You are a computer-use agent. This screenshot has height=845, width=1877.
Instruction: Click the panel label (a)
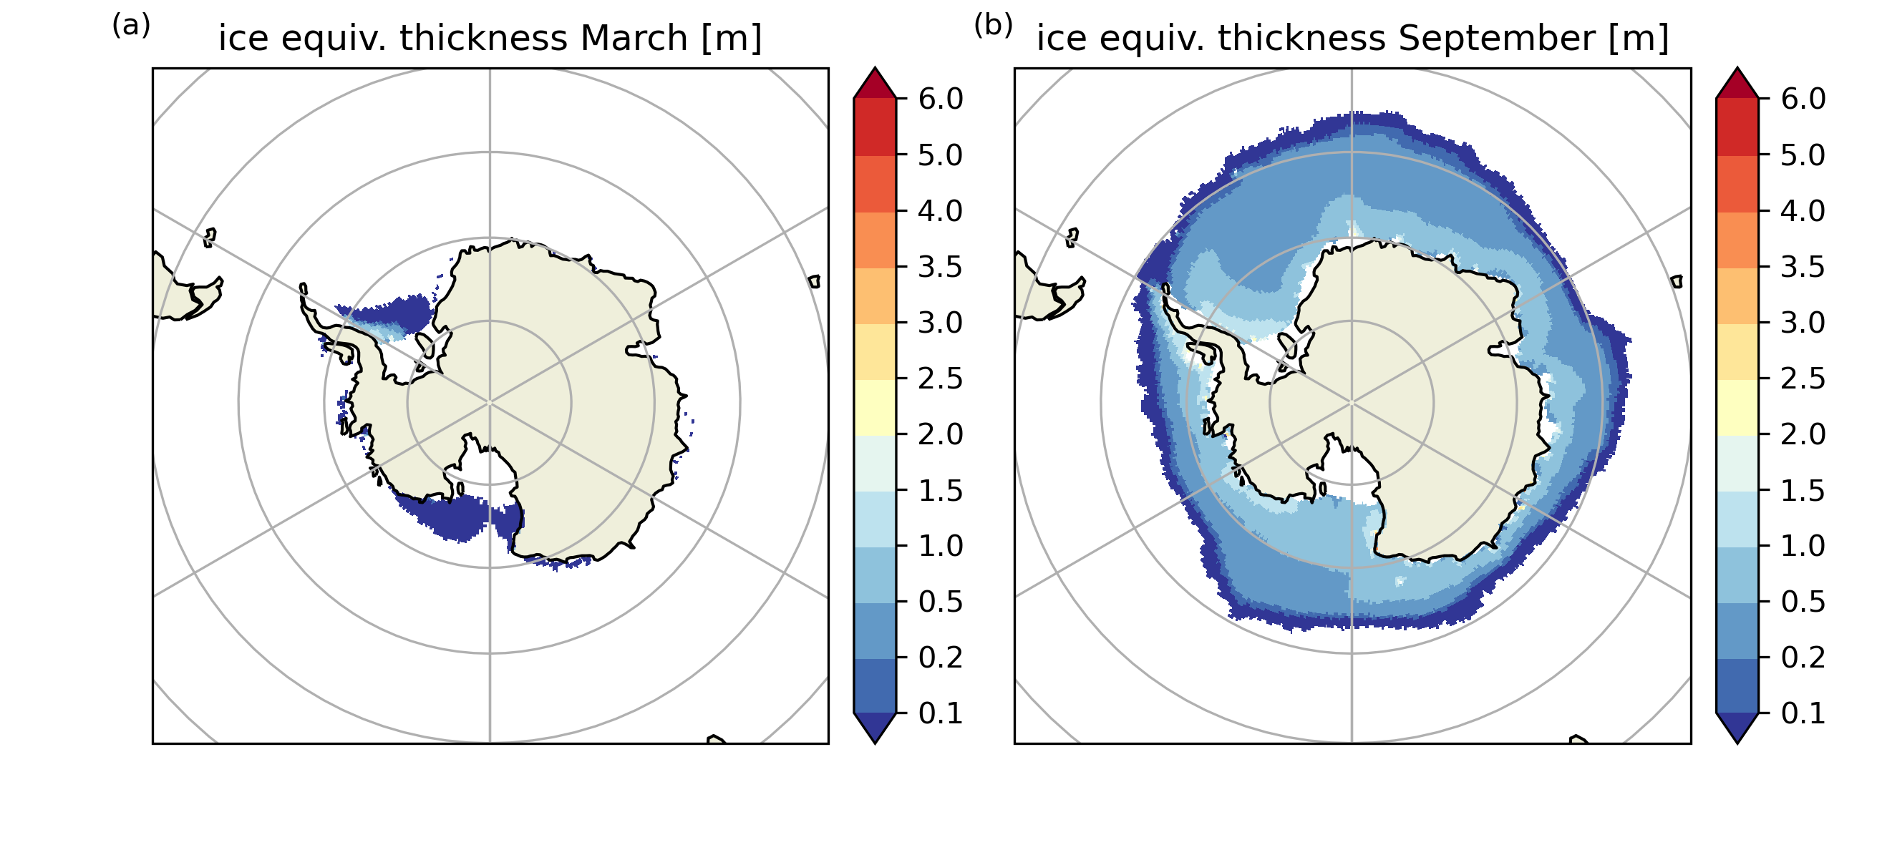pos(131,26)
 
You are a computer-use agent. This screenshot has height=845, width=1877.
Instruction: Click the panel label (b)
pos(993,26)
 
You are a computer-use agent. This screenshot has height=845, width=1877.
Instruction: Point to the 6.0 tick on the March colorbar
pos(940,99)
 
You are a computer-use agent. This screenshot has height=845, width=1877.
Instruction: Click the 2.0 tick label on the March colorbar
pos(940,435)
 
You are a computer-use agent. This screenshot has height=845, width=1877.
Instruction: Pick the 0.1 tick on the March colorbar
pos(940,714)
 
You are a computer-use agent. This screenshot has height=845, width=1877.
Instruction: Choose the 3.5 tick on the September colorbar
pos(1803,268)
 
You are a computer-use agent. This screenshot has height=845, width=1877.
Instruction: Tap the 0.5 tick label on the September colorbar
pos(1803,602)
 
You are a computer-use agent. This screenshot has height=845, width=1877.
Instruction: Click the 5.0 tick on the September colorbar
pos(1803,155)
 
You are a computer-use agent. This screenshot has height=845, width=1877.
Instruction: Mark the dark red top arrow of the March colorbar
pos(874,84)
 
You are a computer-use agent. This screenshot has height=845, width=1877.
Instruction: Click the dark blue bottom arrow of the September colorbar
pos(1737,726)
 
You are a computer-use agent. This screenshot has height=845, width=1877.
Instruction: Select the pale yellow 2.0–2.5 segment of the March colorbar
pos(874,407)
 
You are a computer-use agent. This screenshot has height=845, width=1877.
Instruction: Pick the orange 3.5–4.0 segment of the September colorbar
pos(1737,240)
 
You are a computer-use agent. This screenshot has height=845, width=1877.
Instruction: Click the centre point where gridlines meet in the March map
pos(490,402)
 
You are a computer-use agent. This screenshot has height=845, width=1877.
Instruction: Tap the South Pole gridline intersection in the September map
pos(1352,402)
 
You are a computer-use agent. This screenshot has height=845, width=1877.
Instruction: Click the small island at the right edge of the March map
pos(815,281)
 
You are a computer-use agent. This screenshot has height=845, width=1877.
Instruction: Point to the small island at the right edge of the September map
pos(1677,281)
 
